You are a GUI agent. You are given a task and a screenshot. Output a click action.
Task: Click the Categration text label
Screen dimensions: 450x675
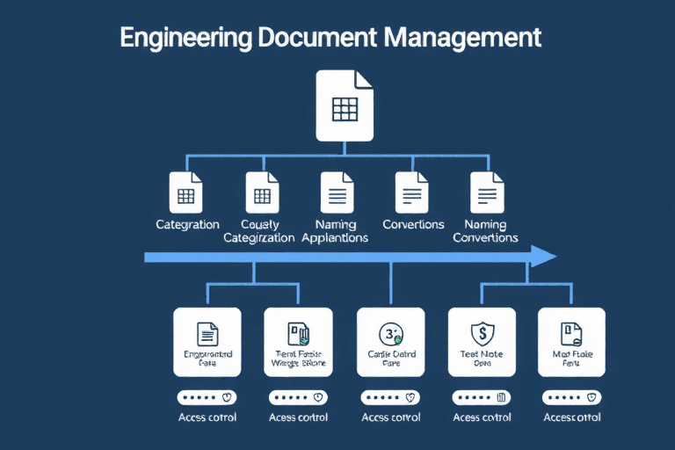(x=187, y=225)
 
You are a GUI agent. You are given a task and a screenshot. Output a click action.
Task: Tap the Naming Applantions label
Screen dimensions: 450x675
(x=335, y=231)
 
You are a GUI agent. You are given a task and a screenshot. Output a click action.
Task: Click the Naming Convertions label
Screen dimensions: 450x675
(x=486, y=231)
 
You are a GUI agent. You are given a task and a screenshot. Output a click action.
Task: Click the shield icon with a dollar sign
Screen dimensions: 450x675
(x=479, y=333)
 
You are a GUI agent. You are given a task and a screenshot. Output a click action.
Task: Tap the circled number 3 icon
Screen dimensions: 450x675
(x=388, y=333)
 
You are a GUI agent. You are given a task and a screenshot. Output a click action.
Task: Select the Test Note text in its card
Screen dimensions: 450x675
(x=481, y=354)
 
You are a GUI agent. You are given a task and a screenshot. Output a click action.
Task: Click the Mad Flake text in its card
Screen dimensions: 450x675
(x=571, y=354)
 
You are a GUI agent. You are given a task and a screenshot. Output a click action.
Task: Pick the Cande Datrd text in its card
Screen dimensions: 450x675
(x=389, y=354)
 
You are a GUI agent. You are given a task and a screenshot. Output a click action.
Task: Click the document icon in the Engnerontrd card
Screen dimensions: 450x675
(x=207, y=333)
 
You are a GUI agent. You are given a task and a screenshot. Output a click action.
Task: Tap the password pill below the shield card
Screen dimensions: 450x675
(x=480, y=396)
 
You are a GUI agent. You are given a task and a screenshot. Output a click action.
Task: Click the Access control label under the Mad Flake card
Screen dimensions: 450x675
(x=572, y=417)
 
